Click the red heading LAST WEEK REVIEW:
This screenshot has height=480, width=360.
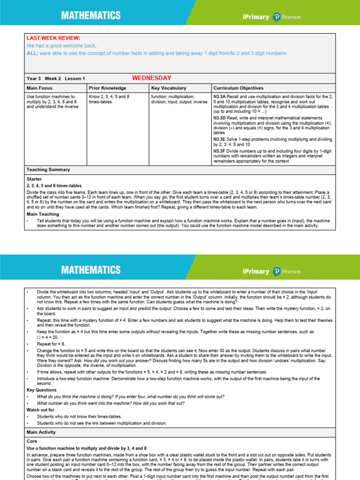point(53,38)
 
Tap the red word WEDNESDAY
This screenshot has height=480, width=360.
point(151,78)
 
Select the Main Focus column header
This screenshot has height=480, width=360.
point(40,88)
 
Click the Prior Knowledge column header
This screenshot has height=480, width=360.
point(107,88)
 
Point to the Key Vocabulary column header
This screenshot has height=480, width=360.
point(169,88)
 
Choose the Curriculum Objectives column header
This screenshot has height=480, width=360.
point(238,88)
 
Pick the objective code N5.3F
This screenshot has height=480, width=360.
point(219,151)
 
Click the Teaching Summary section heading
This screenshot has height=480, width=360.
point(48,170)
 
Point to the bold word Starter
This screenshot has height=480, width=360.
point(34,179)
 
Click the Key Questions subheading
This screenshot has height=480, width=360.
point(41,390)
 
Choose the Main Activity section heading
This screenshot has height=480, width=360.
point(41,432)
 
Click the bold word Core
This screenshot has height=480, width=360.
point(32,442)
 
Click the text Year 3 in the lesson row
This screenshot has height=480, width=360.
point(34,78)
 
